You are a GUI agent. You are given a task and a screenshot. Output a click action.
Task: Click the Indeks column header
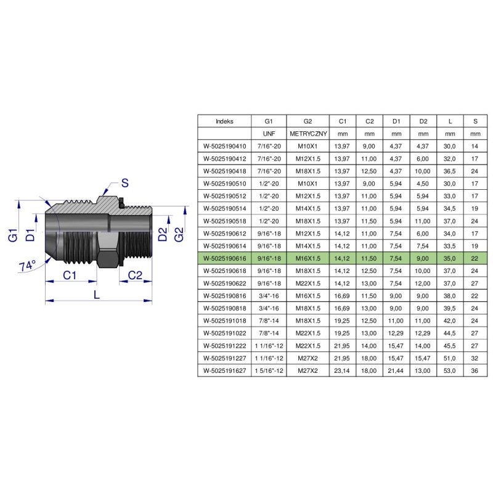(x=224, y=121)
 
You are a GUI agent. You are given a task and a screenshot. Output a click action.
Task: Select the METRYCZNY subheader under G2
(x=308, y=134)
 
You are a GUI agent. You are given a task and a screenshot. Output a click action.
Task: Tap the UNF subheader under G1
(x=269, y=134)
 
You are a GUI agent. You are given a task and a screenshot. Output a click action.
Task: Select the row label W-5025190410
(x=224, y=147)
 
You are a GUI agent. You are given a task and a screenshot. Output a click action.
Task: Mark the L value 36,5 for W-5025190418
(x=450, y=172)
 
